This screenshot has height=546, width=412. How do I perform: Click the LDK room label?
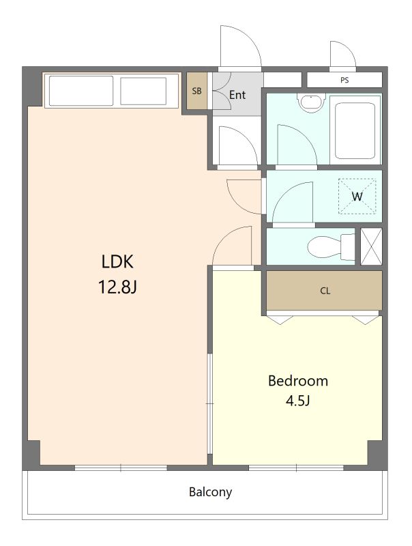117,261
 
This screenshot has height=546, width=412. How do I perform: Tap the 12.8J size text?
117,287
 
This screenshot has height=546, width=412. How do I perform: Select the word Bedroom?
298,381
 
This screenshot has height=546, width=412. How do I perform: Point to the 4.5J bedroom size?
298,401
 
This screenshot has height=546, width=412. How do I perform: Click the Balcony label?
210,492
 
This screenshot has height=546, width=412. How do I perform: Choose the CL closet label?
325,291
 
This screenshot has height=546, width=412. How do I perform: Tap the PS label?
344,80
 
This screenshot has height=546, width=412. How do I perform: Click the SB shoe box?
197,91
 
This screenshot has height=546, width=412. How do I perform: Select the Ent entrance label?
237,95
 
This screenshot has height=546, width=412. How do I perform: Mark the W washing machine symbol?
357,197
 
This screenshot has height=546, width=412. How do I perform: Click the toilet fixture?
331,247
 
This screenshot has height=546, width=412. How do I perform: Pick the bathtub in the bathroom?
355,130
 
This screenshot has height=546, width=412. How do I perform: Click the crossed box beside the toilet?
371,246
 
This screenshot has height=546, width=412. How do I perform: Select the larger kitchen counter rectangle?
81,91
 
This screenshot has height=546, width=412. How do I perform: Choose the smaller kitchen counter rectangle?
143,91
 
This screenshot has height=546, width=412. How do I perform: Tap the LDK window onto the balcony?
121,468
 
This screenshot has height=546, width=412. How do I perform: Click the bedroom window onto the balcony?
296,468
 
